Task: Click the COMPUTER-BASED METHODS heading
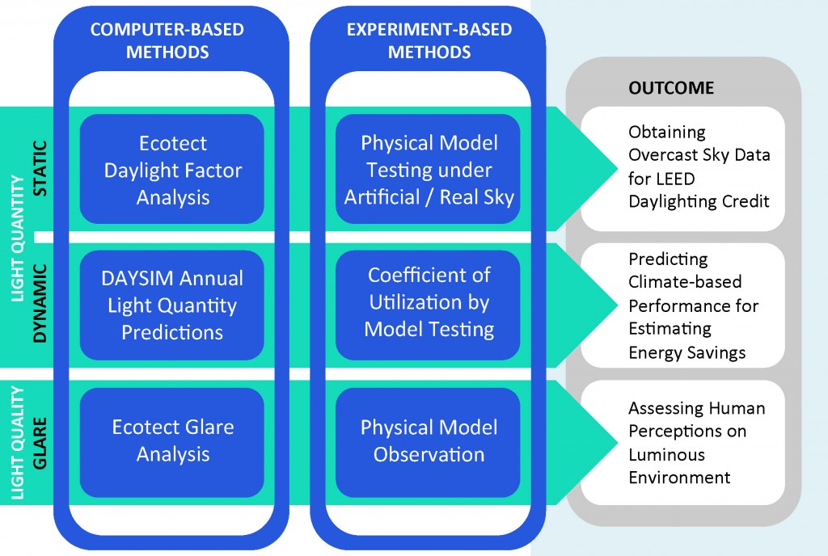[167, 40]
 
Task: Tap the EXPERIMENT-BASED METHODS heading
[429, 40]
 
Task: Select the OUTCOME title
[671, 87]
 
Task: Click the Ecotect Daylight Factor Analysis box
[172, 170]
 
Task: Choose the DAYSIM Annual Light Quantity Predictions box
[172, 305]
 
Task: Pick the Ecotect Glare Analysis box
[172, 442]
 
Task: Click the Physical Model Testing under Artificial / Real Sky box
[429, 170]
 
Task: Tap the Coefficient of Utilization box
[429, 305]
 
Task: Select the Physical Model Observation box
[429, 442]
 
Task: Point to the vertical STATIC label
[40, 169]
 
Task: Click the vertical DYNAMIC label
[40, 303]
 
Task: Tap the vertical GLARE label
[40, 443]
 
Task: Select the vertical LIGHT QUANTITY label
[18, 238]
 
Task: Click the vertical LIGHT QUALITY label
[18, 443]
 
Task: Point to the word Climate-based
[685, 282]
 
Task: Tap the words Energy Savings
[687, 352]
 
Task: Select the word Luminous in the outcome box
[666, 454]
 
